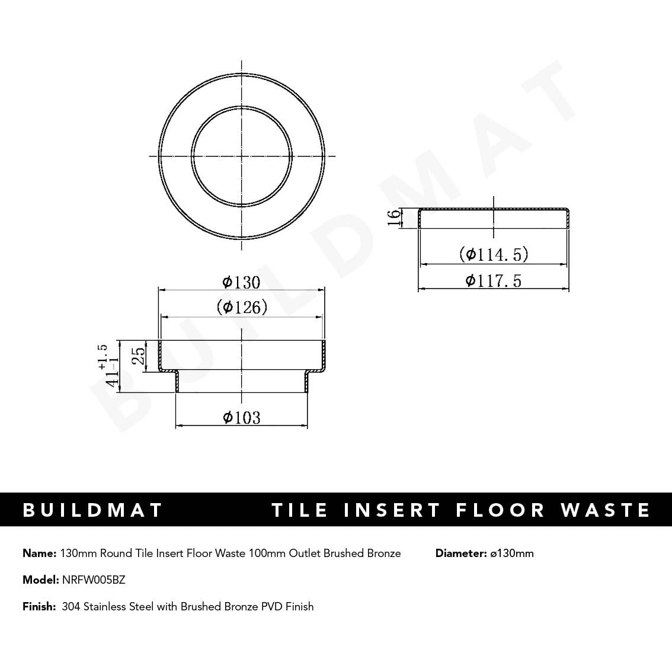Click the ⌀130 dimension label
point(241,282)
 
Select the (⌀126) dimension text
point(242,307)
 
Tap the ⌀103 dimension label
point(241,418)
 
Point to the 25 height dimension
point(138,356)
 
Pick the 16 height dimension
point(394,217)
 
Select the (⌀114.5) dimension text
point(493,255)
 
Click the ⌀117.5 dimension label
point(493,280)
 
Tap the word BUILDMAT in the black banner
point(92,510)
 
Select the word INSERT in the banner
point(392,510)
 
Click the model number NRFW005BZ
point(94,580)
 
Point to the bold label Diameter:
point(460,553)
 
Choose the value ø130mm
point(512,553)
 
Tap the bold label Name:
point(39,553)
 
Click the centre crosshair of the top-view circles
point(242,156)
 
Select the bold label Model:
point(41,580)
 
